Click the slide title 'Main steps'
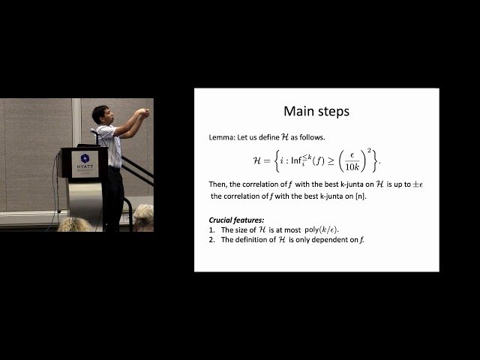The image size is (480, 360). click(x=316, y=112)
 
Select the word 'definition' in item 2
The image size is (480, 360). click(x=248, y=239)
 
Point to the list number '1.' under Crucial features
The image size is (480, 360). click(x=213, y=229)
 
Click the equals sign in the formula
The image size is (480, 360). click(x=268, y=160)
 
